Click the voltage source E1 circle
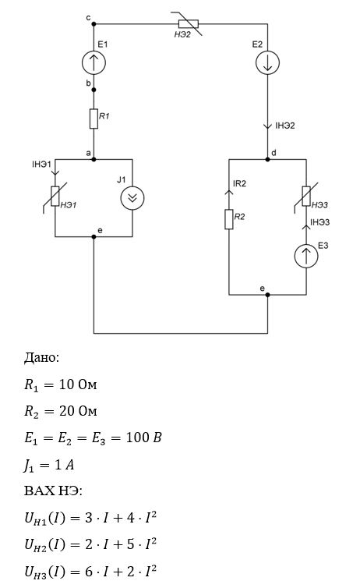(94, 62)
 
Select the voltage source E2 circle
(267, 62)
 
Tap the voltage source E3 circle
(306, 256)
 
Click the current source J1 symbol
(132, 198)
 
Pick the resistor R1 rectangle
(94, 119)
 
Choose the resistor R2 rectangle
(229, 219)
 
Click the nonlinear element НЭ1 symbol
(55, 196)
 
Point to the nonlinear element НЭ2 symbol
(188, 24)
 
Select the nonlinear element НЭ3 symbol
(306, 196)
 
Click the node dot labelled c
(94, 24)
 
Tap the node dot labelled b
(94, 90)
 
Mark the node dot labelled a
(94, 159)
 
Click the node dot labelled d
(267, 159)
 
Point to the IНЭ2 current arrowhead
(267, 126)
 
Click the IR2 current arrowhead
(229, 193)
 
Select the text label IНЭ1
(41, 164)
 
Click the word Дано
(40, 358)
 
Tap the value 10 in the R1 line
(67, 384)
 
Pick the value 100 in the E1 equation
(138, 438)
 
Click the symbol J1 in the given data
(29, 466)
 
